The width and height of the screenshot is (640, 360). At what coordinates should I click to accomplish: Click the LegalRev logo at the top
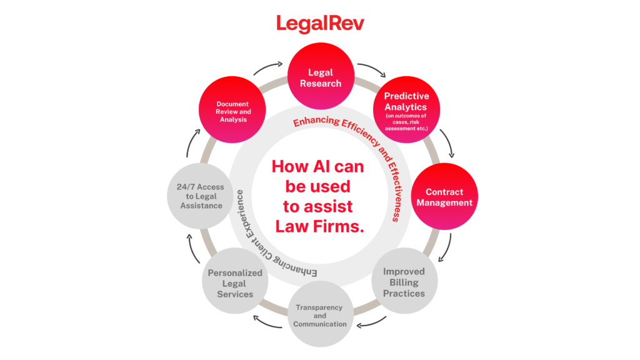tap(320, 24)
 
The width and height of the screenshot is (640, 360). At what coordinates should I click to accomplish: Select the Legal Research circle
tap(321, 76)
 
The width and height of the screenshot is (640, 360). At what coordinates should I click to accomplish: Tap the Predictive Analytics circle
tap(406, 109)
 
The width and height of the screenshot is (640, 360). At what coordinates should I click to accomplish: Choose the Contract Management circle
tap(444, 196)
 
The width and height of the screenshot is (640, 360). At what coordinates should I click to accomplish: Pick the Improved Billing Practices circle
tap(404, 281)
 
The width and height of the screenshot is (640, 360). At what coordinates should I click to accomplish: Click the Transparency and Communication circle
tap(321, 314)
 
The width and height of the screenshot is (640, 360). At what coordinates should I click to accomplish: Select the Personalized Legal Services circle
tap(235, 281)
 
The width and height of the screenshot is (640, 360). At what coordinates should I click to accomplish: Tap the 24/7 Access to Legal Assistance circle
tap(201, 196)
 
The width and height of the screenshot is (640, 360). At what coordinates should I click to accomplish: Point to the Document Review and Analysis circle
tap(232, 109)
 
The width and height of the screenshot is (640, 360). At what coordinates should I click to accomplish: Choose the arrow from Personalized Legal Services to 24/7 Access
tap(192, 248)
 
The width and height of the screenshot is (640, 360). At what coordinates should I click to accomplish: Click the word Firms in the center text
tap(339, 226)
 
